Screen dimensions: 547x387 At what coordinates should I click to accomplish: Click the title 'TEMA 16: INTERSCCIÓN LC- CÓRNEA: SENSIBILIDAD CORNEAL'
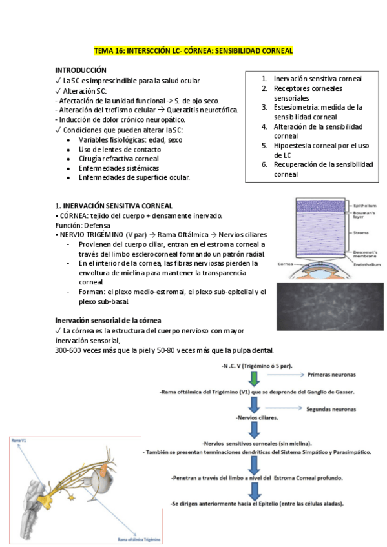[x=193, y=50]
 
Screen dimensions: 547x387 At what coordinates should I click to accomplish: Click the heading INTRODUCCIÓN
[x=81, y=70]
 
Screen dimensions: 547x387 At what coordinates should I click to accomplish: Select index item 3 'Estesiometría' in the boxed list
[x=317, y=107]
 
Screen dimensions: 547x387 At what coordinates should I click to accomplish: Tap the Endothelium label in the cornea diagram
[x=366, y=264]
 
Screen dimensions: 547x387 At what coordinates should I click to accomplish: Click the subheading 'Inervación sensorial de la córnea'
[x=108, y=320]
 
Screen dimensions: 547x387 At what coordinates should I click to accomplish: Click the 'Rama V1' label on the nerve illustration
[x=19, y=440]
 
